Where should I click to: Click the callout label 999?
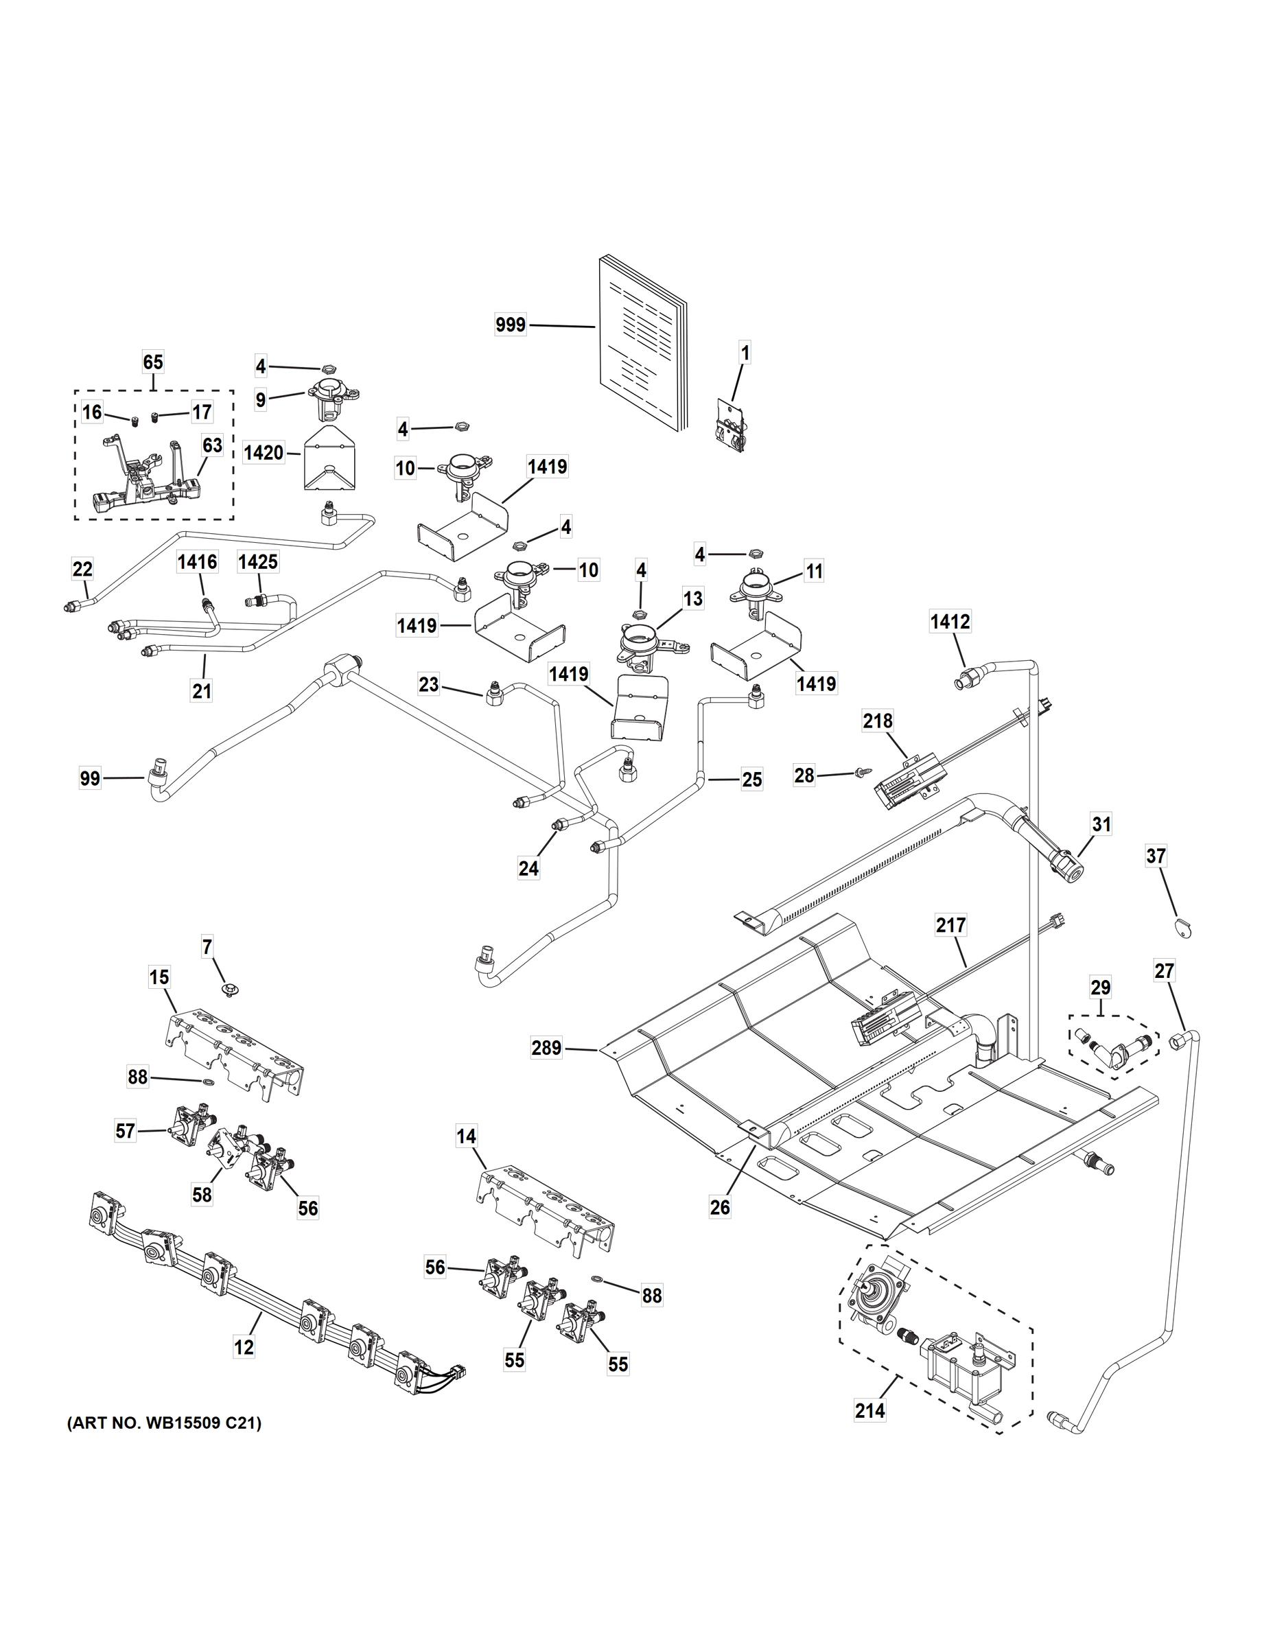click(511, 325)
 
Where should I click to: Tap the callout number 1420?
click(264, 453)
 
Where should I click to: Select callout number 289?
click(546, 1048)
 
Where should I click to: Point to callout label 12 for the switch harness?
click(244, 1347)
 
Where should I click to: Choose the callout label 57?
click(125, 1131)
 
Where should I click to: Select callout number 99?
click(90, 778)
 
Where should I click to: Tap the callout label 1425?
click(258, 562)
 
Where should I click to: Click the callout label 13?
click(692, 599)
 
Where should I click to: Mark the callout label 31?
click(1102, 824)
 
